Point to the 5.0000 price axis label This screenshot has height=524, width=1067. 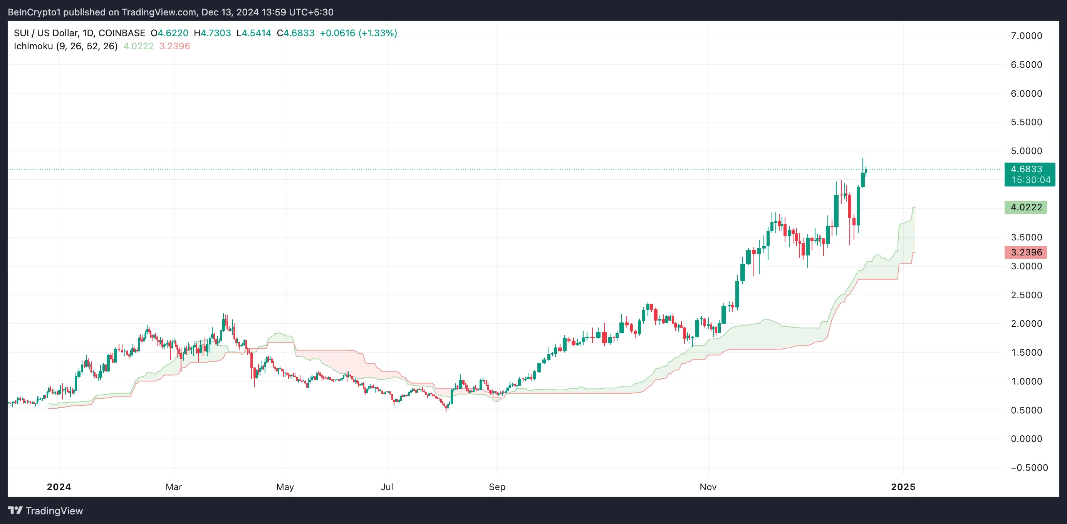point(1026,151)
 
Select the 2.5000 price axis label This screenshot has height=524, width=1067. point(1026,295)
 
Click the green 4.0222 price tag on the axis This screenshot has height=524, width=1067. point(1025,207)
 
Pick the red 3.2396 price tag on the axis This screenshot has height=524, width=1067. point(1025,252)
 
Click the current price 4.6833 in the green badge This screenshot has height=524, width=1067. point(1026,169)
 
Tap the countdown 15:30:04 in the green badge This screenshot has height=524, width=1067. point(1030,180)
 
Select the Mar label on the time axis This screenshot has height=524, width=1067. point(174,487)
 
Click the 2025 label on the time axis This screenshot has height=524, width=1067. point(903,487)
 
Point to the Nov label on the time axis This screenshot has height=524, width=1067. point(708,487)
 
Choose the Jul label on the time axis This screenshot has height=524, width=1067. point(387,487)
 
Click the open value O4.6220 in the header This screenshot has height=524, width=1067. point(169,33)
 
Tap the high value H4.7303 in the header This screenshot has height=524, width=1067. point(213,33)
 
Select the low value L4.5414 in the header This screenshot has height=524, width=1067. point(253,33)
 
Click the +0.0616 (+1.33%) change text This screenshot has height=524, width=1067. point(358,33)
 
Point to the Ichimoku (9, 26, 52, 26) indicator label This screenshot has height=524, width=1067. point(65,46)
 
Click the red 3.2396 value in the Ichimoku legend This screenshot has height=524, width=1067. point(174,46)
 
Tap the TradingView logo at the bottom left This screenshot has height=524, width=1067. point(45,511)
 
